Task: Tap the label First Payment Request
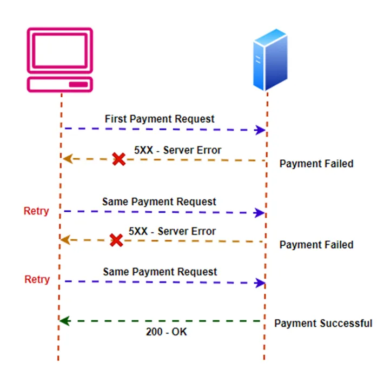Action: coord(160,119)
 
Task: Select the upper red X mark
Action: coord(119,159)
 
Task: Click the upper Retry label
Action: coord(36,211)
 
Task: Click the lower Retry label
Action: coord(37,279)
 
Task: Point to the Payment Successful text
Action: coord(323,324)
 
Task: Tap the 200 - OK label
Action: coord(166,332)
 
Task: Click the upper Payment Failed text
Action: coord(316,163)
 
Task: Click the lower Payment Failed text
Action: coord(316,245)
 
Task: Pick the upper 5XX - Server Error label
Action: coord(178,150)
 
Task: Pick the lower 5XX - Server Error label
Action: coord(172,231)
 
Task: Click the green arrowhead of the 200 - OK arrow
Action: coord(63,321)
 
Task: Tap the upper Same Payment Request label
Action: coord(159,201)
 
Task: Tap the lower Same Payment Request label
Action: coord(160,272)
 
